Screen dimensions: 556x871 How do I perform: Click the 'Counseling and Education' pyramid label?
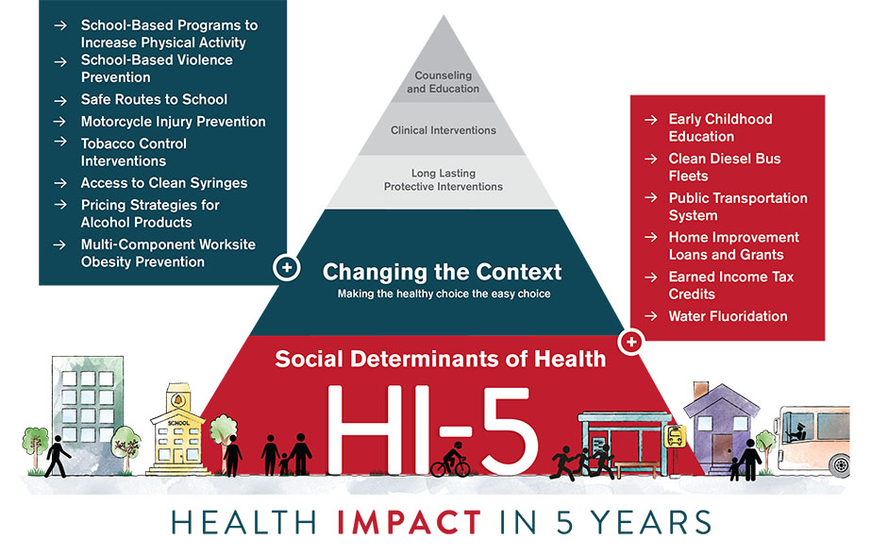click(x=443, y=82)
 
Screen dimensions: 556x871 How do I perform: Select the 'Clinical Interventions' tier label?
click(x=443, y=130)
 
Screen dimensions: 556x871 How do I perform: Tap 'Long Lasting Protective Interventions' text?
click(x=443, y=179)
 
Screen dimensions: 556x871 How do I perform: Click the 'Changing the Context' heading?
click(x=442, y=273)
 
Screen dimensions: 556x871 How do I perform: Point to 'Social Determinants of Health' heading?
click(x=442, y=359)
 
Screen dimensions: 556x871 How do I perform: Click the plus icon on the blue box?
click(x=287, y=268)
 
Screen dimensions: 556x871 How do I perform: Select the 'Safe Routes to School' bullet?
click(x=154, y=99)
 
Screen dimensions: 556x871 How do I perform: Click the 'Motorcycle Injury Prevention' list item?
click(x=173, y=121)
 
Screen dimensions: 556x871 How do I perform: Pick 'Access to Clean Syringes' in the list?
click(x=164, y=183)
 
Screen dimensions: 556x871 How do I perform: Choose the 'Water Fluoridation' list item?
click(x=727, y=316)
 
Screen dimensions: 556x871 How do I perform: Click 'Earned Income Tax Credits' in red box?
click(x=730, y=285)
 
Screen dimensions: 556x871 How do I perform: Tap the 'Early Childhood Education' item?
click(x=719, y=127)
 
